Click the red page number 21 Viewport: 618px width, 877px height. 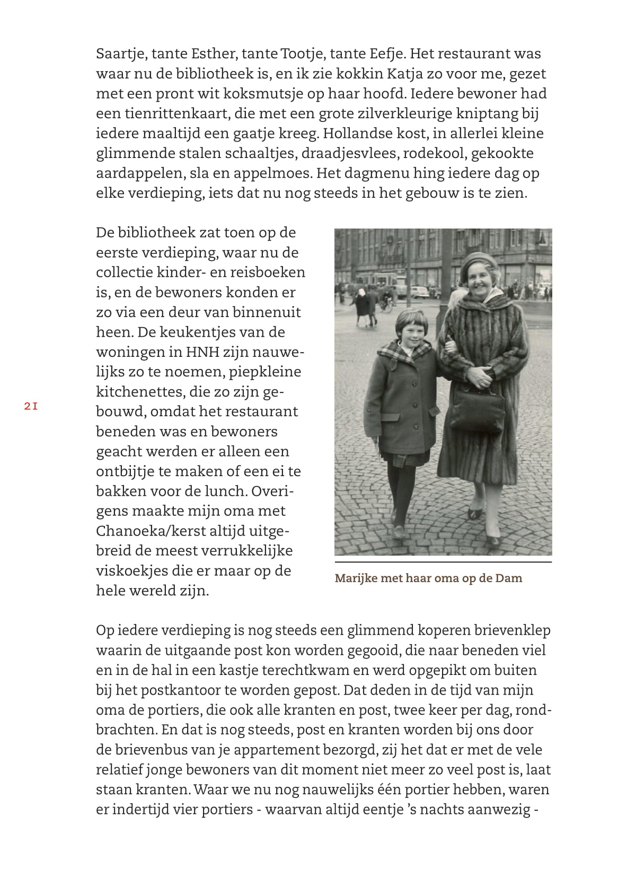(31, 407)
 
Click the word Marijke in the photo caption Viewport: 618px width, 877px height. (356, 578)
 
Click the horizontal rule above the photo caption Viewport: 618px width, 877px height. (443, 562)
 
